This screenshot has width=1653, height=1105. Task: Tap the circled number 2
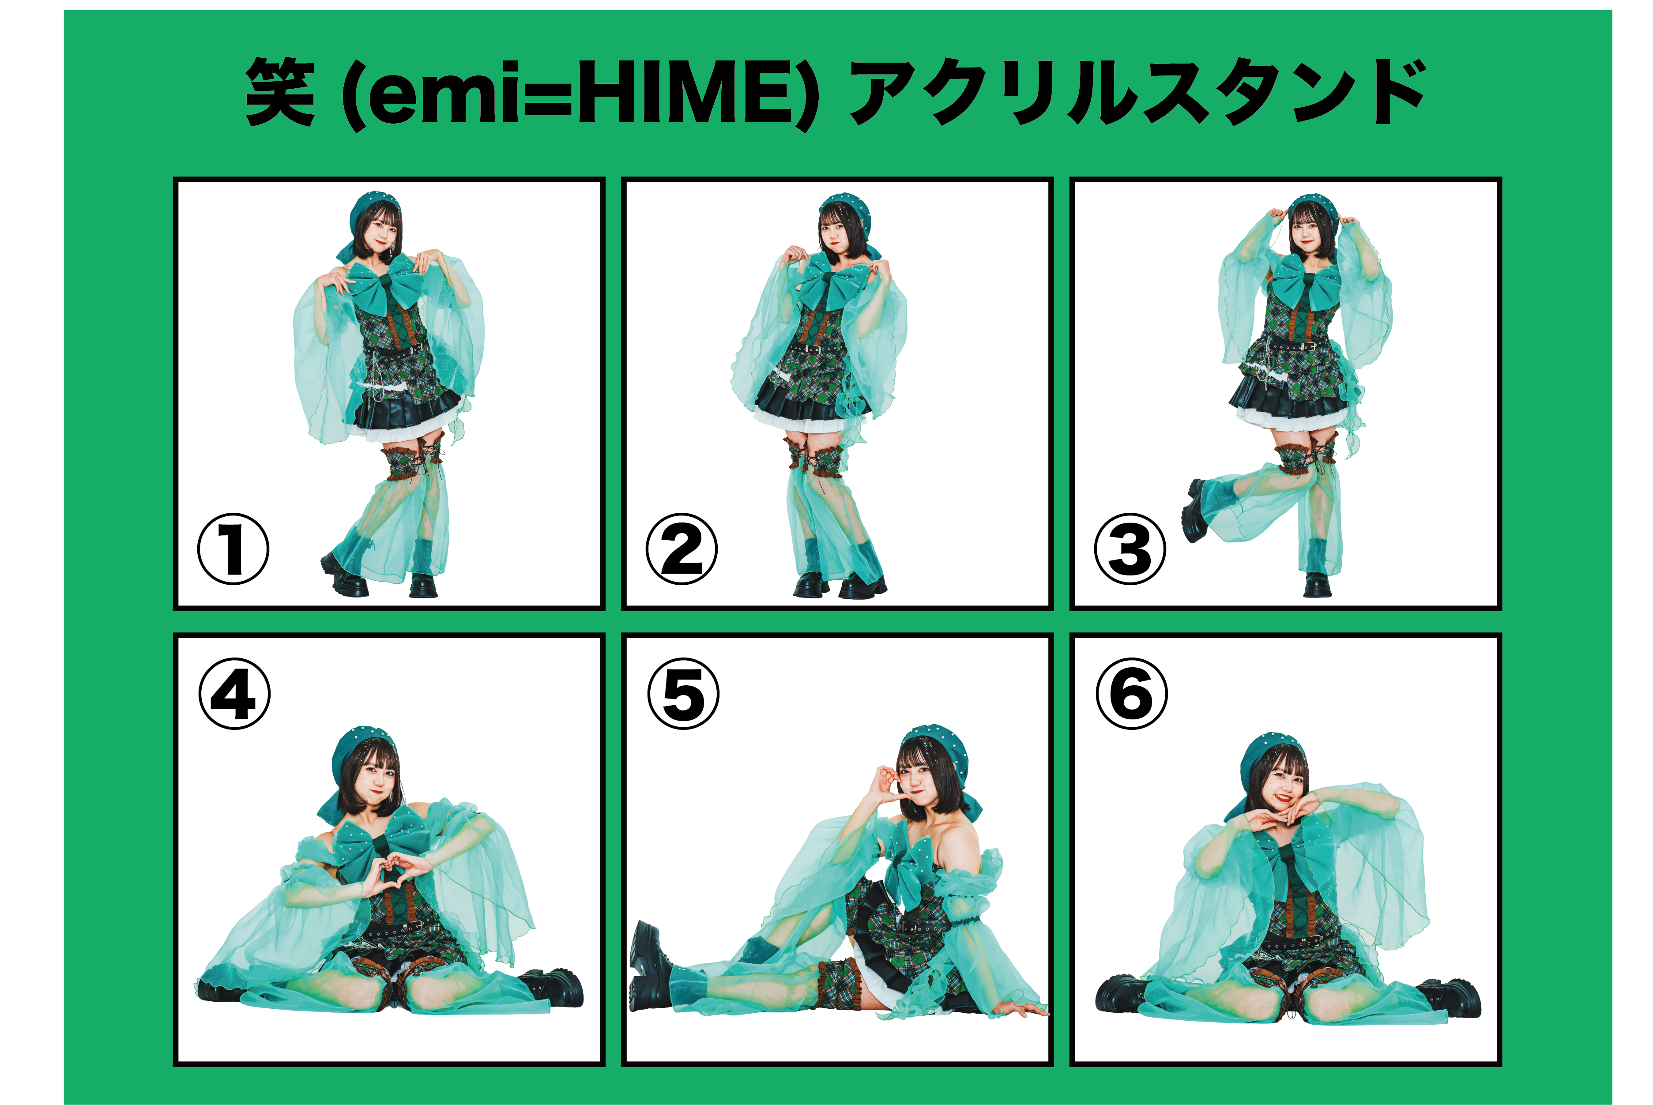coord(682,549)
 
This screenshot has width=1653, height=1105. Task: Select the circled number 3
coord(1130,549)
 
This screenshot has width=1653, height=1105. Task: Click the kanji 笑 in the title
coord(280,92)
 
